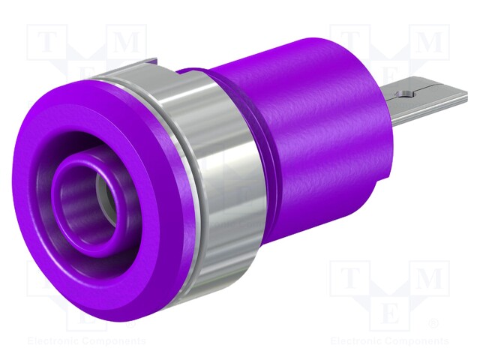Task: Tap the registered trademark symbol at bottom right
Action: [433, 323]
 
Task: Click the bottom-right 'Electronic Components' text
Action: [390, 340]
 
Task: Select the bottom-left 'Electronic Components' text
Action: [86, 340]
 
